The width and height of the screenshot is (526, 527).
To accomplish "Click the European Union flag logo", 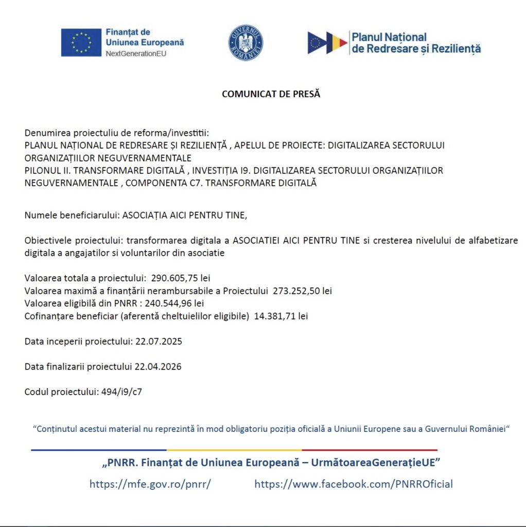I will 81,42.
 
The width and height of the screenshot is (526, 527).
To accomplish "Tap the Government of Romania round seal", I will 246,43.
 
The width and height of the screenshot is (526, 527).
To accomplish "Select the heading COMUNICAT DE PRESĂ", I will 271,94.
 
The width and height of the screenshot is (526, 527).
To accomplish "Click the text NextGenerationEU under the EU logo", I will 136,54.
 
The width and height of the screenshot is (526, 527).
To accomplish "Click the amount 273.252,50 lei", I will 302,291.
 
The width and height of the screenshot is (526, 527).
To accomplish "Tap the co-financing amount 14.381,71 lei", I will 281,317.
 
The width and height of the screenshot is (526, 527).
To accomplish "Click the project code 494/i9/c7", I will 122,392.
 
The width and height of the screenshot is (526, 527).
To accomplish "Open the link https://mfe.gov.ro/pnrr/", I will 150,484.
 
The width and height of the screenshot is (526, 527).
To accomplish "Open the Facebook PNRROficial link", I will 354,484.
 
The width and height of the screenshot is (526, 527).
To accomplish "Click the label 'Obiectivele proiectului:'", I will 74,241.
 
